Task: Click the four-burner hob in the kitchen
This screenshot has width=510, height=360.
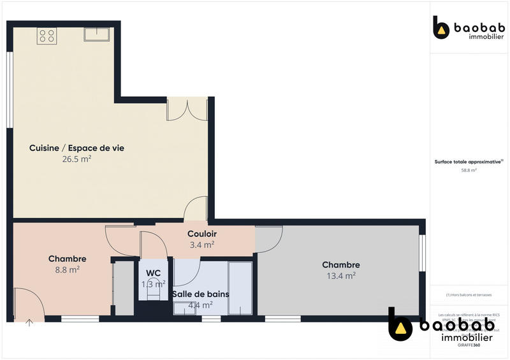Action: coord(47,36)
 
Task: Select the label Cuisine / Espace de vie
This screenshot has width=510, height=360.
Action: coord(76,148)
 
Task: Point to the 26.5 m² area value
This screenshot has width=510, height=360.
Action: coord(76,159)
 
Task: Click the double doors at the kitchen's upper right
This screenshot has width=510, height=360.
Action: coord(187,109)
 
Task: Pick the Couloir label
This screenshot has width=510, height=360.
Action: coord(201,234)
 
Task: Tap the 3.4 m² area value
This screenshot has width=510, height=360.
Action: coord(201,244)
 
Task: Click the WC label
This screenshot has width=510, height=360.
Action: coord(153,273)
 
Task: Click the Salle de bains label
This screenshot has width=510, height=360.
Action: coord(200,294)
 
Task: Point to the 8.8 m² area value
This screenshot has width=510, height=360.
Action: coord(67,270)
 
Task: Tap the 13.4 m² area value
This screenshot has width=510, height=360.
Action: coord(340,276)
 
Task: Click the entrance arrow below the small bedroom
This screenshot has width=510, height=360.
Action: coord(29,323)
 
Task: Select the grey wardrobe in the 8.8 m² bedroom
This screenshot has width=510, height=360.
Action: coord(123,288)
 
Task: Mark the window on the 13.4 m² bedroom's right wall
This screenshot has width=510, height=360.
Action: coord(421,253)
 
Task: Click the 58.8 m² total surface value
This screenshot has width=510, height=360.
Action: coord(469,170)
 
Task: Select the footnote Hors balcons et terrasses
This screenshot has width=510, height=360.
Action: coord(469,295)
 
